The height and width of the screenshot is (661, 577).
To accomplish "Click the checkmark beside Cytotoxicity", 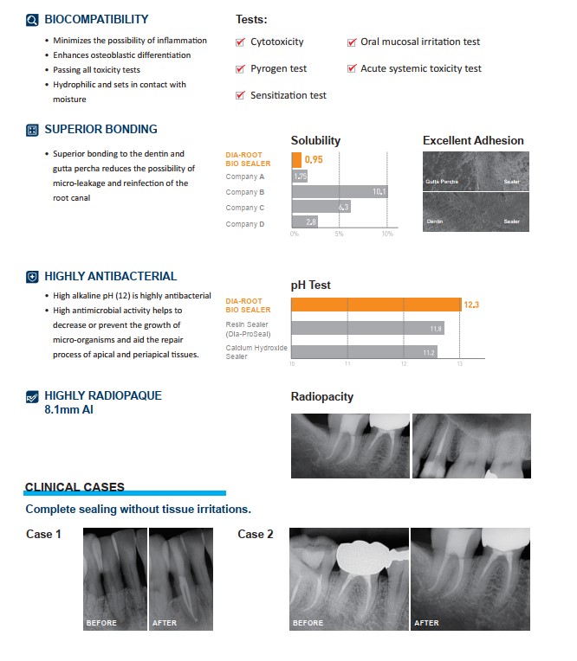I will point(241,42).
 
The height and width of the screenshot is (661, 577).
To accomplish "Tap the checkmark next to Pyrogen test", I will point(241,68).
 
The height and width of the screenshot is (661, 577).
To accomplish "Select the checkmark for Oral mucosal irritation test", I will point(352,42).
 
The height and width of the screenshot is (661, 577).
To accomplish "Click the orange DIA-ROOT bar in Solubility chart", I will point(296,160).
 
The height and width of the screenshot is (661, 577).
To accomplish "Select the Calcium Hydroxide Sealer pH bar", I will point(364,352).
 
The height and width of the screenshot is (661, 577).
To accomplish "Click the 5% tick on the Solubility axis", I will point(339,234).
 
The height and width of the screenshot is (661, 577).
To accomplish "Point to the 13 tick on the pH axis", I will point(459,364).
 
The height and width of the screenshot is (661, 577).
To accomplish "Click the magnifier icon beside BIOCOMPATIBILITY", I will point(32,19).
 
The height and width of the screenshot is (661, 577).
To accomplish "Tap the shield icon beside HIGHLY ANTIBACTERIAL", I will point(32,277).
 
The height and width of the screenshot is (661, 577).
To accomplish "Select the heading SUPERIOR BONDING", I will point(100,130).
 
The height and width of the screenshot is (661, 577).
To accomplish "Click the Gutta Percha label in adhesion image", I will point(442,182).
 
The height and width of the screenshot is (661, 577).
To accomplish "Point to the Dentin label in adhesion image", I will point(435,222).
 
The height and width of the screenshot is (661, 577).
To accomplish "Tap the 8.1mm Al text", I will point(68,409).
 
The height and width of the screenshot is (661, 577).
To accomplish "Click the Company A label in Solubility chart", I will point(245,176).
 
